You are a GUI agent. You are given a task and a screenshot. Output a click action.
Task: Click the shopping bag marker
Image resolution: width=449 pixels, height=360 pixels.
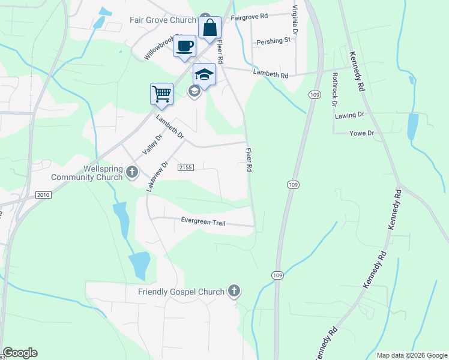pos(210,28)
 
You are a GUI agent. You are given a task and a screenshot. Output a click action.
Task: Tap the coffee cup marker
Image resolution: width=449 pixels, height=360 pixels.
pos(184,46)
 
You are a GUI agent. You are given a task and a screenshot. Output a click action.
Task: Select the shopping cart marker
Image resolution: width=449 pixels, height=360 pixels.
pos(161,94)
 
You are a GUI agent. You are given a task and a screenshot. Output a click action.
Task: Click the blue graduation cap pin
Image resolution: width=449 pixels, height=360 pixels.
pos(204,75)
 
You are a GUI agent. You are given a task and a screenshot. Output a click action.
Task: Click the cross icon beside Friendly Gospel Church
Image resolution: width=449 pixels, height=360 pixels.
pos(234,292)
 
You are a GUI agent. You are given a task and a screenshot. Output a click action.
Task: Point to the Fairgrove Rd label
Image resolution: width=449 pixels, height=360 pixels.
pos(249,17)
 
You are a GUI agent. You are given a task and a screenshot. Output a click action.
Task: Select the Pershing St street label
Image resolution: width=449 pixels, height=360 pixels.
pos(273,41)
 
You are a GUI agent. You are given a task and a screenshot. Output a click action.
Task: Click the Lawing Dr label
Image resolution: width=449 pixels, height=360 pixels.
pos(351,114)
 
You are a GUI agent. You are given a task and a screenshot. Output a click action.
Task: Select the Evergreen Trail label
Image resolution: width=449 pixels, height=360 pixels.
pos(203,221)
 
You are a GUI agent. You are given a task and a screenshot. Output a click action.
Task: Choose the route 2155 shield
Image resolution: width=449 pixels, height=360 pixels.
pos(185,168)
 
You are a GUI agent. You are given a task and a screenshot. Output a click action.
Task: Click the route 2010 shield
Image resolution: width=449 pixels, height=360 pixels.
pos(43,195)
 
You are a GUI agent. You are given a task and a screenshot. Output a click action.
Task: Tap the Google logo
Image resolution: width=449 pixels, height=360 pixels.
pos(20,353)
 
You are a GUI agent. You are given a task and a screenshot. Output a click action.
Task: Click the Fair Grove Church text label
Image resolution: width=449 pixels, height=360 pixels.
pos(163,20)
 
